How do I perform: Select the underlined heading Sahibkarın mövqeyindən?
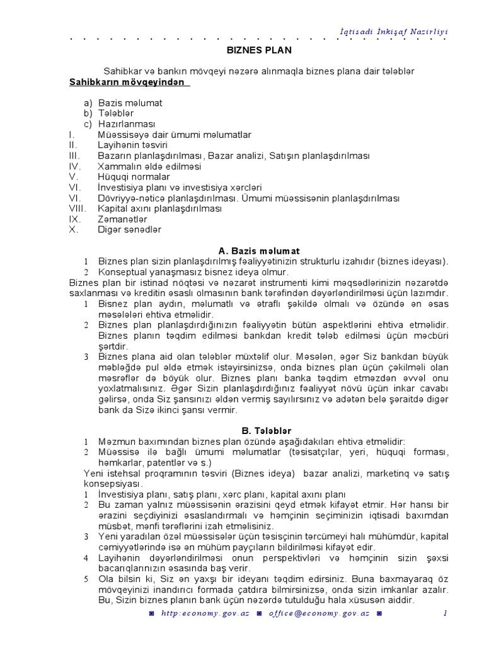click(x=128, y=82)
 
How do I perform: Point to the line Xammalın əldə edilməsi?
click(x=149, y=166)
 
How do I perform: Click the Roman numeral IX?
click(x=74, y=219)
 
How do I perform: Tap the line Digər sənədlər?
click(x=129, y=229)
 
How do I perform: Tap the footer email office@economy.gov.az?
click(x=321, y=613)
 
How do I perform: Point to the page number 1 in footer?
click(x=444, y=613)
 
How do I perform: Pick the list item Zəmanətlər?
click(x=123, y=219)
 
